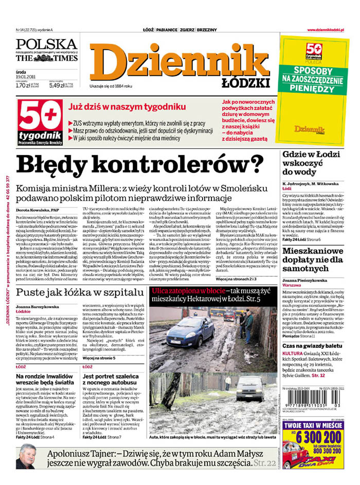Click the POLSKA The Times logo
[46, 50]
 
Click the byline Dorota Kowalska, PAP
[39, 210]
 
